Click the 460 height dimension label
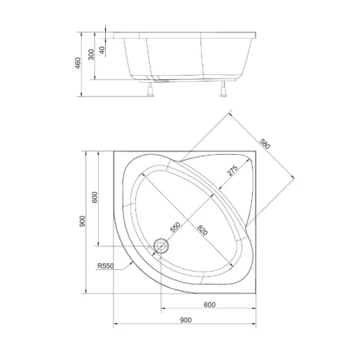(78, 63)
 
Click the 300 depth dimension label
(91, 55)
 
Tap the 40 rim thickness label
(102, 50)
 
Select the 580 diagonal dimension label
(265, 144)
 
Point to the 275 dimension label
(233, 171)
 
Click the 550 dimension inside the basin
(175, 228)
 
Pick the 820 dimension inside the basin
(202, 230)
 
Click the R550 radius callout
(106, 266)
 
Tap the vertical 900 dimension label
(82, 222)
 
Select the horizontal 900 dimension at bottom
(186, 320)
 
